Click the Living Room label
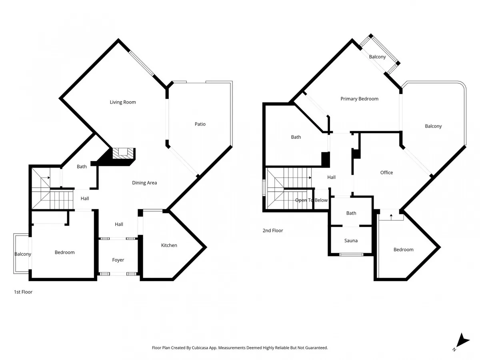pos(123,102)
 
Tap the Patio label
pos(200,124)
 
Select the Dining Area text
pos(144,183)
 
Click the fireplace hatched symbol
pos(123,154)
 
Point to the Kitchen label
pos(169,245)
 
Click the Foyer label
pos(118,260)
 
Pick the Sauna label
pos(351,241)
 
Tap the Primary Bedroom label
pos(360,99)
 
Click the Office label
pos(386,172)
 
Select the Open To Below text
pos(311,200)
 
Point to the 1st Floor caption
pos(23,292)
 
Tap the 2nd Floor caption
pos(273,230)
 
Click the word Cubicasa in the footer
pos(200,348)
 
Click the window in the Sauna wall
pos(351,254)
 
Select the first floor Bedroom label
pos(64,252)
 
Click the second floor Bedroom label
pos(404,250)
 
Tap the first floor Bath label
pos(82,166)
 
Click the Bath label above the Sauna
pos(351,213)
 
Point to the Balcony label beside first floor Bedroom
pos(23,254)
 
